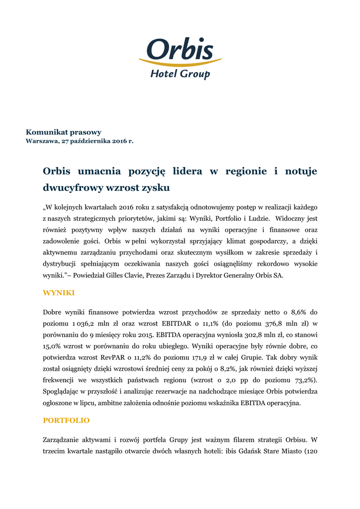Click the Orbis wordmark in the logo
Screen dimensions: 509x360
pos(180,49)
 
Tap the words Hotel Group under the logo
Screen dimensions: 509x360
pos(180,74)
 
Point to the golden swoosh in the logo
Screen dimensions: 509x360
pos(180,63)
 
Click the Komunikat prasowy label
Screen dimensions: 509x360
pos(64,132)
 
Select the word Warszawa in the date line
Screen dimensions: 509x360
pos(41,141)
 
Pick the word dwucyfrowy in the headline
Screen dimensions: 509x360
pos(69,188)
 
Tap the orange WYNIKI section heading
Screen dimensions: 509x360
pos(59,293)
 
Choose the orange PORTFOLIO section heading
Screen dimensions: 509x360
pos(66,421)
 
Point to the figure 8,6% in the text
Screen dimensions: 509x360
pos(295,312)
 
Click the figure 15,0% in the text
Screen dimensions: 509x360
pos(52,346)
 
